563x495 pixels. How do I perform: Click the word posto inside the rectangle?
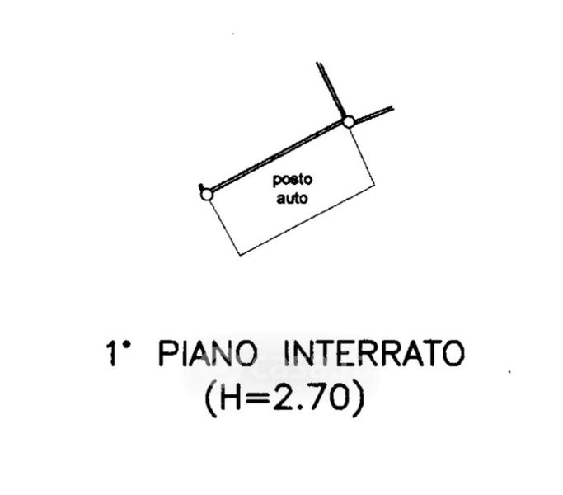(x=293, y=180)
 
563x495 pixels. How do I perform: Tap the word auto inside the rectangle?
(x=292, y=198)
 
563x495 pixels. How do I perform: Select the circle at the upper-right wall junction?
(x=349, y=122)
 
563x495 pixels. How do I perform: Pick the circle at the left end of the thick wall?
(x=206, y=195)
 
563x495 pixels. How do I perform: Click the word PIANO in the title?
(x=208, y=354)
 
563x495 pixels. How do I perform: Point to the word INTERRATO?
(x=374, y=354)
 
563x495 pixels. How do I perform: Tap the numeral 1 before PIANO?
(x=111, y=354)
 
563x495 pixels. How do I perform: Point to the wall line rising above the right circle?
(x=331, y=90)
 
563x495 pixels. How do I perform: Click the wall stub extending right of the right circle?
(x=373, y=114)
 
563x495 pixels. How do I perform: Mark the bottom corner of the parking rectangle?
(x=240, y=255)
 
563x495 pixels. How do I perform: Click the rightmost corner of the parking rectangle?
(x=375, y=185)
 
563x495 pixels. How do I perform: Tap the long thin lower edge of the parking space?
(x=307, y=219)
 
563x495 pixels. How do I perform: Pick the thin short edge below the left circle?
(x=225, y=228)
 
